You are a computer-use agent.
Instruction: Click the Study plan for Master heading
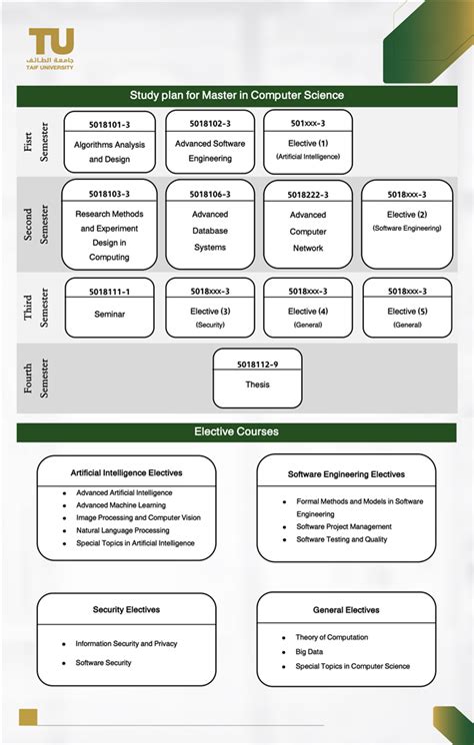coord(237,96)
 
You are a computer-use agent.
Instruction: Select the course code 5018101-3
coord(110,124)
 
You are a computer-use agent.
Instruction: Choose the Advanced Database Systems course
coord(210,231)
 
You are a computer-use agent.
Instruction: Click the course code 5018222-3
coord(308,195)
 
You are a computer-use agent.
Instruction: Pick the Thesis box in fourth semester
coord(257,383)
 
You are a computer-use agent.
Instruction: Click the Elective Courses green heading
coord(237,432)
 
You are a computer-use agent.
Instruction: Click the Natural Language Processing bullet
coord(122,530)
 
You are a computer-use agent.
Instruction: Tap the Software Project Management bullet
coord(343,526)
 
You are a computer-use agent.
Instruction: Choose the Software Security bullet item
coord(103,662)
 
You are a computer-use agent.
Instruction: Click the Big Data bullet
coord(309,651)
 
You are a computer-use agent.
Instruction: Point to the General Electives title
coord(345,609)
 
